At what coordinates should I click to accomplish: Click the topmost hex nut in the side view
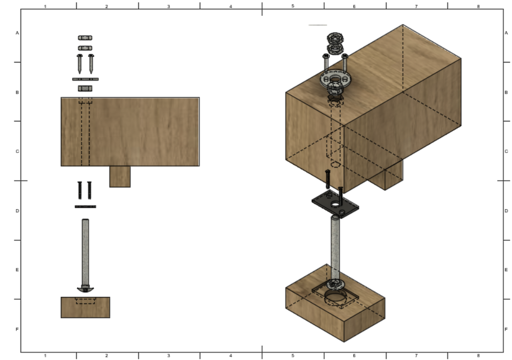pos(85,37)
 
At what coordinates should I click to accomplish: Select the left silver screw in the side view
pos(80,63)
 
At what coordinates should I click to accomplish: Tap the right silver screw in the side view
pos(91,63)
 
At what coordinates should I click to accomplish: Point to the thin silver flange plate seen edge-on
pos(85,79)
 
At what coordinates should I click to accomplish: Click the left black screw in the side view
pos(79,190)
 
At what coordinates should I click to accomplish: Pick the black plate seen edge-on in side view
pos(85,206)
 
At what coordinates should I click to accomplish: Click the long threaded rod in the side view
pos(85,251)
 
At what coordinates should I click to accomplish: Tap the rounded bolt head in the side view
pos(85,289)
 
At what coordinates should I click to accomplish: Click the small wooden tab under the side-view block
pos(120,177)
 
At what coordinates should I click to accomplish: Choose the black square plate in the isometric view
pos(335,205)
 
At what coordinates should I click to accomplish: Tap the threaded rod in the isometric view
pos(335,246)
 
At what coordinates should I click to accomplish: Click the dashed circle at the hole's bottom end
pos(335,165)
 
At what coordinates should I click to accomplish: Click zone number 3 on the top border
pos(168,6)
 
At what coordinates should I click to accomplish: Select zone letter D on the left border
pos(17,210)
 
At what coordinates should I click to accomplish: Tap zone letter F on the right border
pos(506,329)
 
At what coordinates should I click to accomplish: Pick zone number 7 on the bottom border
pos(416,355)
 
